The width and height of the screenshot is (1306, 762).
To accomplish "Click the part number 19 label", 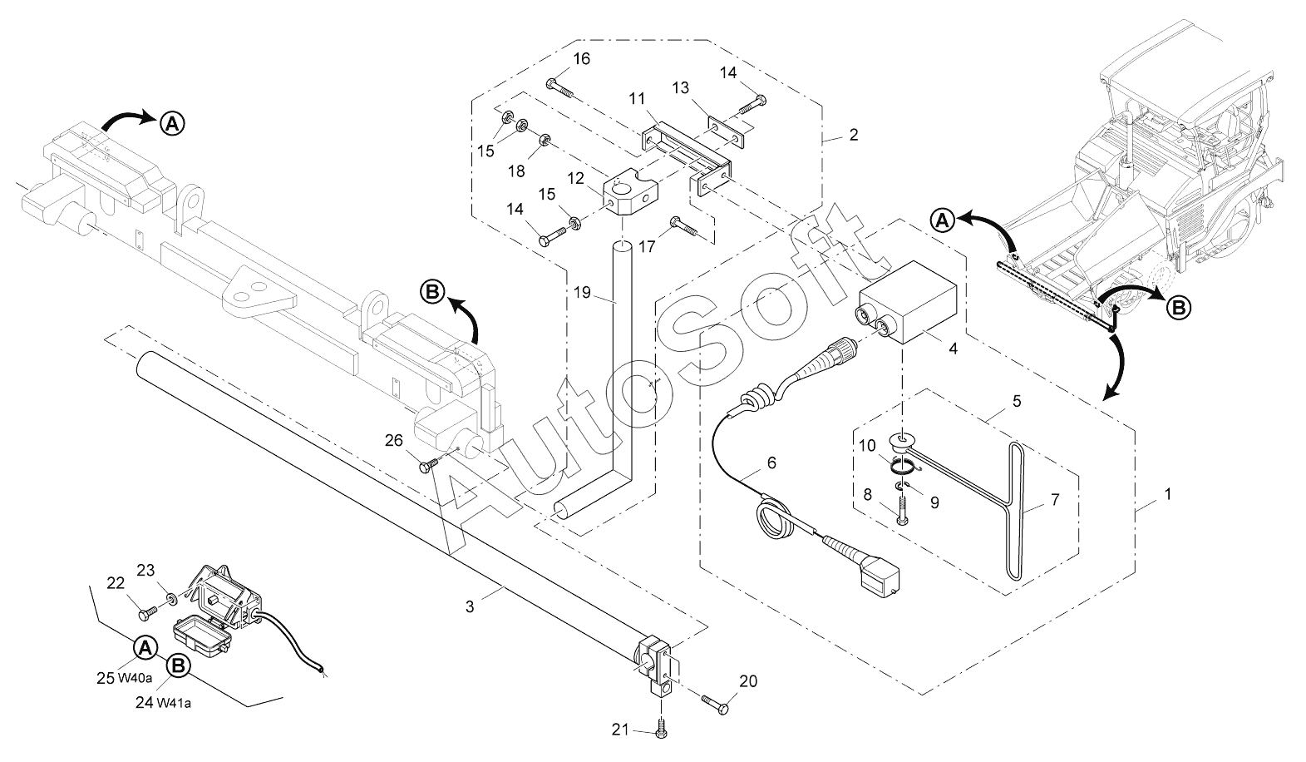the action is click(582, 292).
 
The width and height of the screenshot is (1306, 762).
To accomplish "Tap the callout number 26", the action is click(394, 441).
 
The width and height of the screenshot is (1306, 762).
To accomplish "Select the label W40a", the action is click(135, 678).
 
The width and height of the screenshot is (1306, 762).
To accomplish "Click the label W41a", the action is click(174, 703).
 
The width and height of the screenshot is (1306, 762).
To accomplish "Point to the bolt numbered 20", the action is click(714, 703).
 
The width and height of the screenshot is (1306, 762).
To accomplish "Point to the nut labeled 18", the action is click(545, 140).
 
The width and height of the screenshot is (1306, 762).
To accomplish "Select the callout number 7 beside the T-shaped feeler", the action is click(1054, 499).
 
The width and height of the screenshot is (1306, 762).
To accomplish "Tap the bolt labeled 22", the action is click(147, 612).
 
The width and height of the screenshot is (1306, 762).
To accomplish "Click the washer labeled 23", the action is click(172, 598).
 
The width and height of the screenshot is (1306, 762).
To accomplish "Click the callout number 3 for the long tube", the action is click(470, 606).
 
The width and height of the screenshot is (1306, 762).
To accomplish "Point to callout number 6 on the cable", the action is click(771, 463).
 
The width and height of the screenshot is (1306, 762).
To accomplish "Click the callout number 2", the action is click(854, 135).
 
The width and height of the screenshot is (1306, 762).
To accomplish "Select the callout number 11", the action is click(637, 99).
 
